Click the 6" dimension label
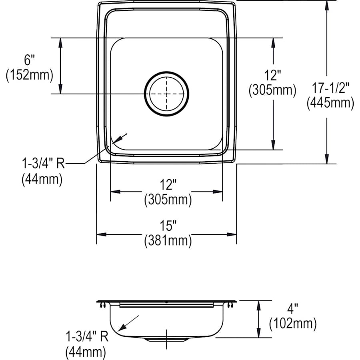coord(30,60)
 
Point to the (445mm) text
coord(330,103)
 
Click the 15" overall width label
coord(168,226)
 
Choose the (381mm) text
coord(168,240)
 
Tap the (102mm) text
coord(293,323)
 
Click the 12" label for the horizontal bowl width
coord(168,185)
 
